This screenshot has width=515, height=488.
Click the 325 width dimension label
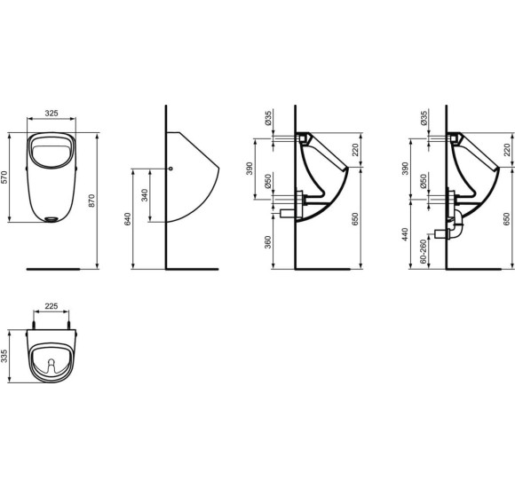pyautogui.click(x=51, y=114)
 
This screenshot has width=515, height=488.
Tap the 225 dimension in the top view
pyautogui.click(x=51, y=306)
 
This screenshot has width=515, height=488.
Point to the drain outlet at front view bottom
pyautogui.click(x=52, y=216)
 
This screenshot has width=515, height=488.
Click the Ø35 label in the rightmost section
pyautogui.click(x=424, y=116)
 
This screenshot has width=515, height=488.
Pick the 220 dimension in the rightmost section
pyautogui.click(x=508, y=150)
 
